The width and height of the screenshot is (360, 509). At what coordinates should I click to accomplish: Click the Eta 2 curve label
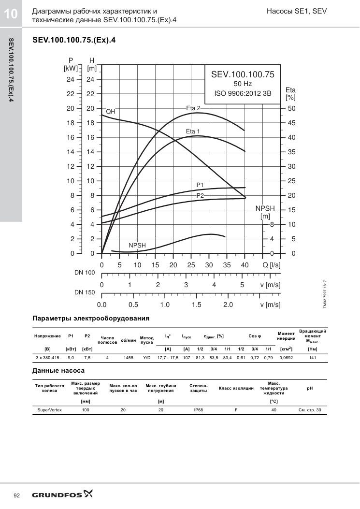click(x=193, y=108)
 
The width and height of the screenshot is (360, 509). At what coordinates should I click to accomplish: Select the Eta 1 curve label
click(x=193, y=131)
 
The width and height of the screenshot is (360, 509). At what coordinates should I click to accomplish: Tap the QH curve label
click(x=110, y=111)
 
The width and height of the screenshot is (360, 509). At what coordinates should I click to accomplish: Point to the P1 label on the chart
click(x=200, y=185)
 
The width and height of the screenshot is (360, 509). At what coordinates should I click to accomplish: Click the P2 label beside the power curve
click(x=200, y=195)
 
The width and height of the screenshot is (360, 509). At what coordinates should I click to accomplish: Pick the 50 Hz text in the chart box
click(x=243, y=84)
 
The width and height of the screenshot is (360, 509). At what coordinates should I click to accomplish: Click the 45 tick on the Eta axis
click(x=291, y=123)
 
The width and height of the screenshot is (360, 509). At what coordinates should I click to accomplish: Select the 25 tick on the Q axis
click(x=191, y=265)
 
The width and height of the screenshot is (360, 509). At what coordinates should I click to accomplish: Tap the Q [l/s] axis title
click(x=272, y=265)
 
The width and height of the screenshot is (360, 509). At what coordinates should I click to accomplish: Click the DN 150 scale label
click(x=85, y=292)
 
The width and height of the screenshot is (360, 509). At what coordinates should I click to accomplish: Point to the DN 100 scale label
click(x=85, y=272)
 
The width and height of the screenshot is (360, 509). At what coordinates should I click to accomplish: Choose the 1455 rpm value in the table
click(x=128, y=358)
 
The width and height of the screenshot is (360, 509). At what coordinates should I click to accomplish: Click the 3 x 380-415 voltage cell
click(x=47, y=358)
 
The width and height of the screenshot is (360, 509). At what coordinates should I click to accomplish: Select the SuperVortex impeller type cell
click(x=49, y=410)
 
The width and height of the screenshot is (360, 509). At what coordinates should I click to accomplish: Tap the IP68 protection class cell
click(x=198, y=410)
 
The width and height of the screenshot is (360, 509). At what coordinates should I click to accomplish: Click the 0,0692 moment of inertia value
click(x=286, y=358)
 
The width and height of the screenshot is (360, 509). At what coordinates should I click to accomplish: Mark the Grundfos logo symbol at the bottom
click(x=88, y=494)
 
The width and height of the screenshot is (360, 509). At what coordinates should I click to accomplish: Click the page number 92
click(x=17, y=495)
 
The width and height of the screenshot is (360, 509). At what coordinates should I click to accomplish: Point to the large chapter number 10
click(x=11, y=14)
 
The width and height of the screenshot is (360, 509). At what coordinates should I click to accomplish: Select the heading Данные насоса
click(x=58, y=370)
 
